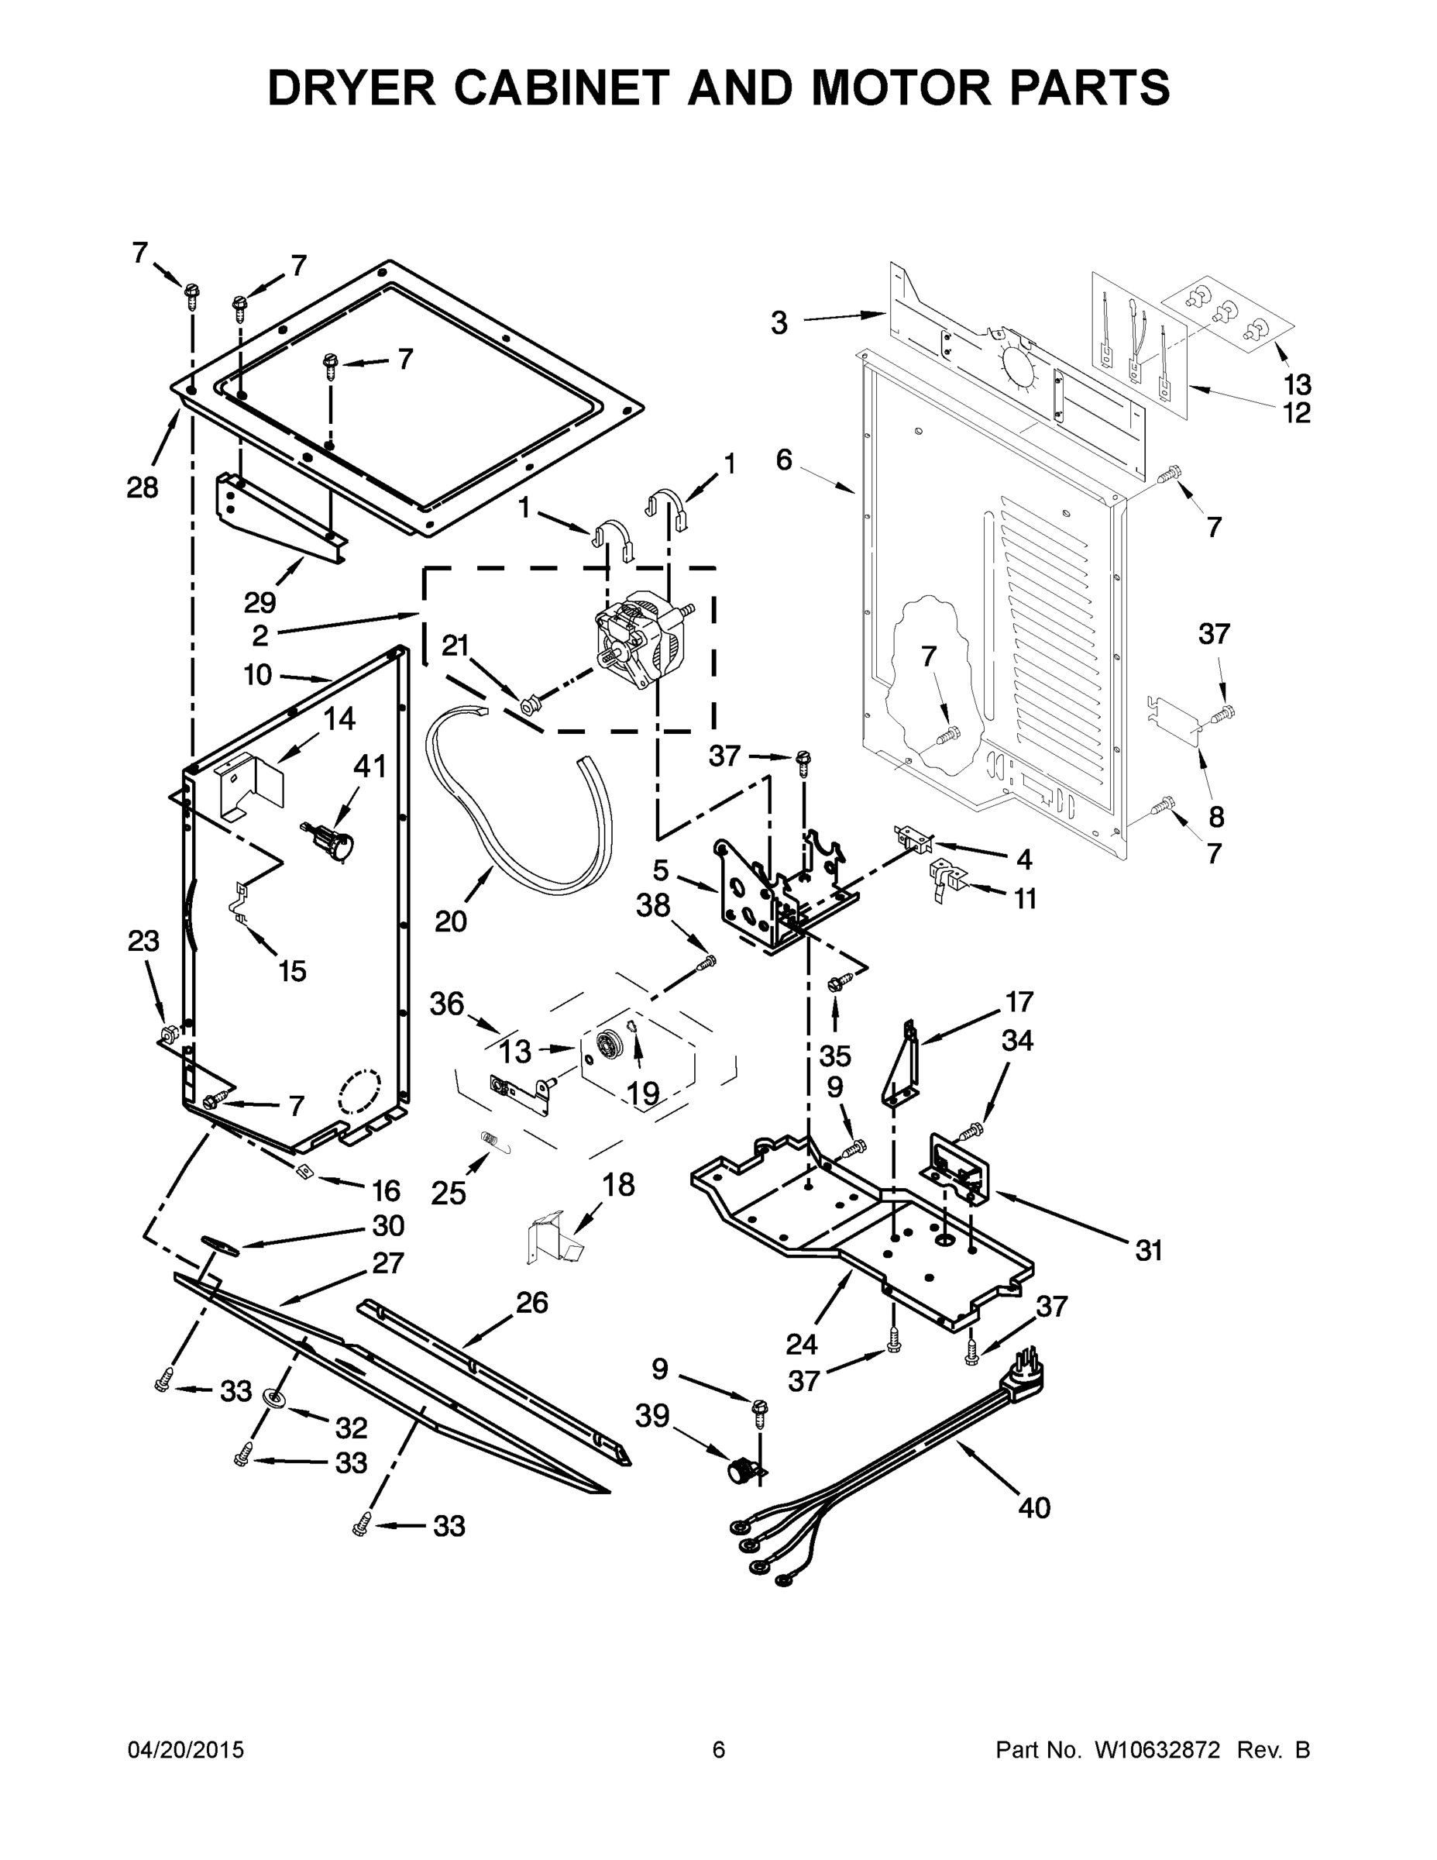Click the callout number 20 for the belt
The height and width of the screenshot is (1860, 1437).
click(x=450, y=921)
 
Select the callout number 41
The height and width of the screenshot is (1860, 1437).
click(x=370, y=766)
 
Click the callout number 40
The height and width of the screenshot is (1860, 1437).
click(x=1033, y=1507)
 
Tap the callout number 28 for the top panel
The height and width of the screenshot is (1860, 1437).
click(x=143, y=488)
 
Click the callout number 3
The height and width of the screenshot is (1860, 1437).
click(x=779, y=324)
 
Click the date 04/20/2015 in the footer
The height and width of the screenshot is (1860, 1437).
click(x=186, y=1749)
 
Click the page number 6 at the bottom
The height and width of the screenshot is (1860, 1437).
click(x=719, y=1749)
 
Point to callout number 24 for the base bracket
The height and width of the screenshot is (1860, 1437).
click(x=801, y=1344)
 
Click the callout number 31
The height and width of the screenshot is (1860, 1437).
click(x=1148, y=1250)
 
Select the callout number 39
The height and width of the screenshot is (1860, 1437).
click(x=652, y=1415)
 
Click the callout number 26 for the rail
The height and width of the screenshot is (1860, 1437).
click(x=532, y=1302)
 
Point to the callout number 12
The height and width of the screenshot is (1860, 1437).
click(x=1297, y=413)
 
